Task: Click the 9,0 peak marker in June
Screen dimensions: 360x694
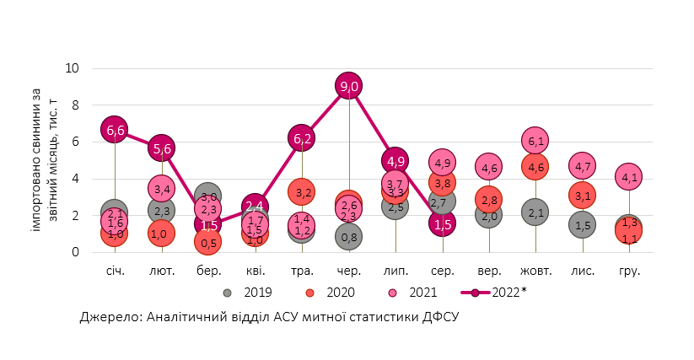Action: click(348, 86)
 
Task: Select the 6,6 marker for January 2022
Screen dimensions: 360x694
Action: click(115, 130)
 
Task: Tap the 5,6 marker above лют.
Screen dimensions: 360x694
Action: click(162, 148)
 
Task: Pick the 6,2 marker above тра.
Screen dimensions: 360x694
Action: click(302, 137)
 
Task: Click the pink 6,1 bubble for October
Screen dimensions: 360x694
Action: click(536, 140)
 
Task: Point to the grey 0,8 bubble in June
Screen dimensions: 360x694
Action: click(348, 237)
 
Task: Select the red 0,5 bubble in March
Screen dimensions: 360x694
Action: click(208, 243)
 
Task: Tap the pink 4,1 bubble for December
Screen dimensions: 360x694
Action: click(629, 177)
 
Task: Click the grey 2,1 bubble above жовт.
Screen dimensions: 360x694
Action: click(536, 213)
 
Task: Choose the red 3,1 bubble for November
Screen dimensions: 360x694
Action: click(583, 196)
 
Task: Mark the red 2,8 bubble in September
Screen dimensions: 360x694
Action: click(489, 200)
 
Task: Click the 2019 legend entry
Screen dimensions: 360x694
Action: click(248, 293)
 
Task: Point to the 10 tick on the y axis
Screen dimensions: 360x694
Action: click(73, 68)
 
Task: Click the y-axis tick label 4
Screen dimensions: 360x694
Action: click(76, 179)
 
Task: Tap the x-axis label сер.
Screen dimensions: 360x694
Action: click(443, 271)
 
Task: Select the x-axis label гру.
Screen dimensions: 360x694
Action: click(629, 271)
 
